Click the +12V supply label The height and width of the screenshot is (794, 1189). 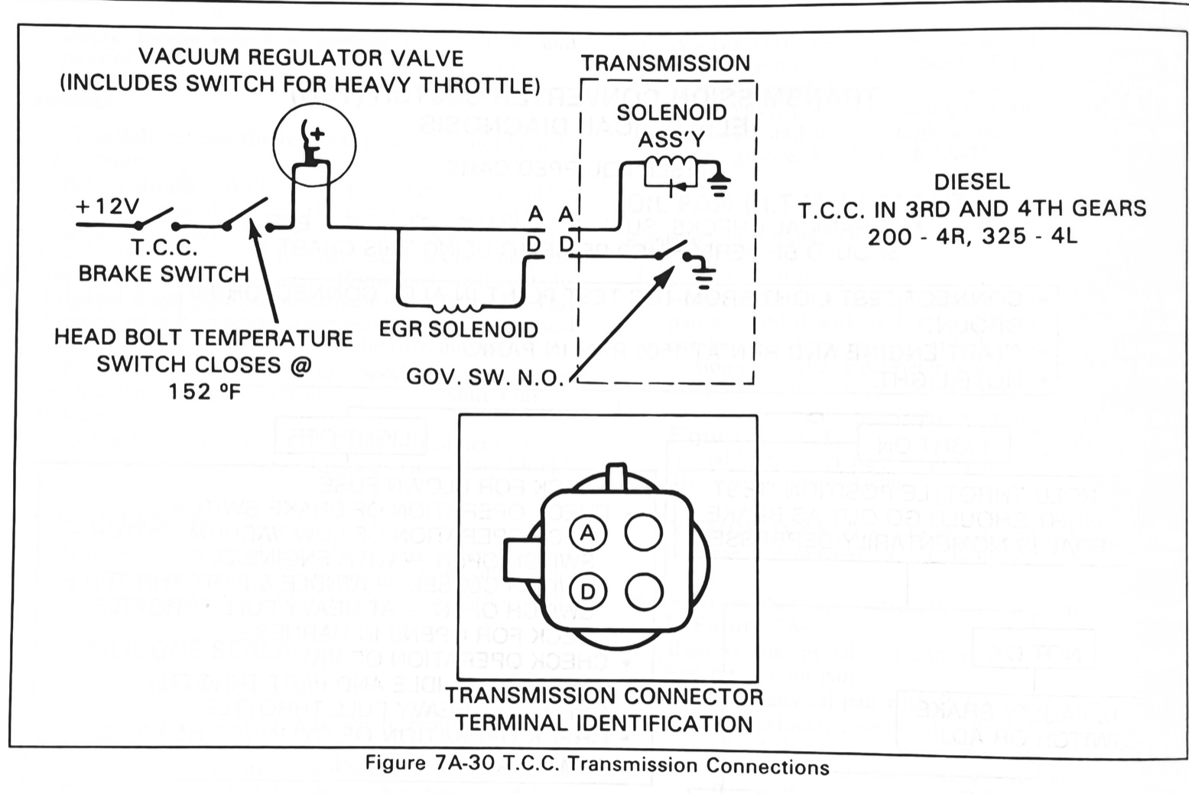coord(107,206)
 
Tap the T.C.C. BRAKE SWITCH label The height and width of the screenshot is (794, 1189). coord(164,261)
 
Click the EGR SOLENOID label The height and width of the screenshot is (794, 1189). coord(459,330)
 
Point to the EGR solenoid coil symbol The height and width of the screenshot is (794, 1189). coord(458,308)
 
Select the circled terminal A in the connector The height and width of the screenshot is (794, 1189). coord(587,532)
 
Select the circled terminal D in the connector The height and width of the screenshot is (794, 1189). coord(587,591)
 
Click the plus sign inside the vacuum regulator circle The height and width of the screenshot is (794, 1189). coord(317,133)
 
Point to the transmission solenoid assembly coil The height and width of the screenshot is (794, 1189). coord(671,161)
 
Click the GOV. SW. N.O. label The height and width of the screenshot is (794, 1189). coord(485,377)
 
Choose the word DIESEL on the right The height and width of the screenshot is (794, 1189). coord(972,182)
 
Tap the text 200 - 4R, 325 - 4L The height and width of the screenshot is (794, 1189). coord(973,236)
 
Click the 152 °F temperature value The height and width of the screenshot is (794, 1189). coord(205,392)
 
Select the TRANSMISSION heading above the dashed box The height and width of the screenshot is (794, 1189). coord(666,63)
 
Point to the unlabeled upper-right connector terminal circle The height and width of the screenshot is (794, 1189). coord(643,532)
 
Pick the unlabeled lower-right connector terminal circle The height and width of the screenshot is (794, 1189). coord(644,591)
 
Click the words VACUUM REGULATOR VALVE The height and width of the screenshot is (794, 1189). coord(301,57)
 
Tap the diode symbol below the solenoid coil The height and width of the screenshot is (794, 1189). coord(675,187)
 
